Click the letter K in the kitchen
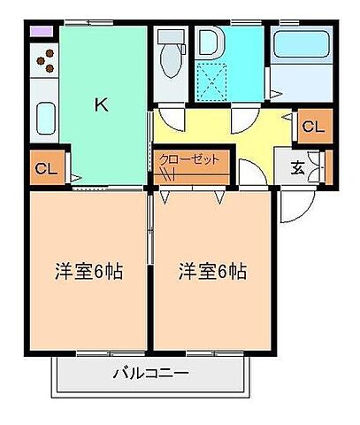click(x=101, y=104)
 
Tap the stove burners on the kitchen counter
click(x=45, y=63)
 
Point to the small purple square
click(x=41, y=32)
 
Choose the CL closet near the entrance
click(x=313, y=126)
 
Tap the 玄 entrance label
click(x=298, y=166)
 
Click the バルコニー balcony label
click(x=150, y=374)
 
